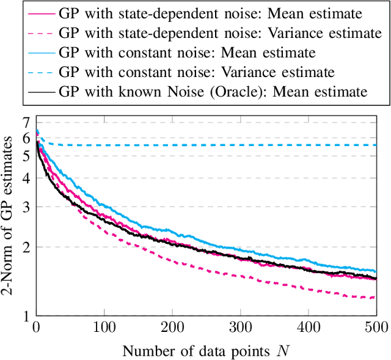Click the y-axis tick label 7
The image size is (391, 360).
tap(26, 122)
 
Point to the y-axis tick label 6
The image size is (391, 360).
tap(26, 138)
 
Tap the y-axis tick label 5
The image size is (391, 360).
tap(26, 156)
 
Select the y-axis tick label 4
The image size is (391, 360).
tap(26, 178)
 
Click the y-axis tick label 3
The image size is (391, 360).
tap(26, 207)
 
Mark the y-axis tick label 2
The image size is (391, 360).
tap(26, 248)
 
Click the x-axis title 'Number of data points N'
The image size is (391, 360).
tap(205, 350)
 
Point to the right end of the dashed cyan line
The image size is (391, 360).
tap(375, 145)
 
